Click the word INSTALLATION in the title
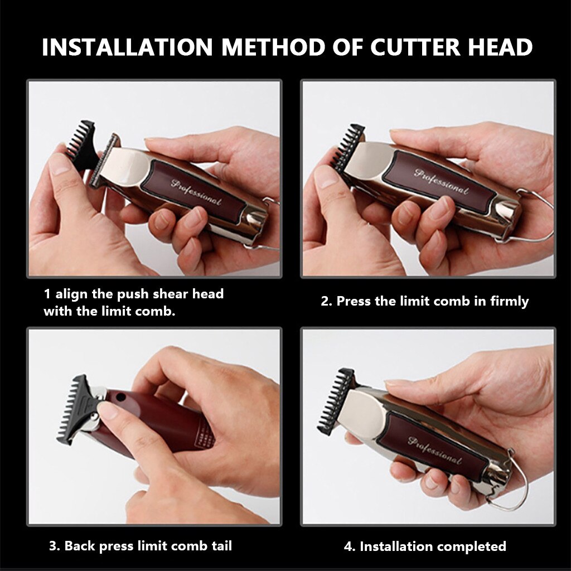click(127, 47)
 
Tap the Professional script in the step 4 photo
click(434, 450)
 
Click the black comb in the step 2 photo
click(349, 148)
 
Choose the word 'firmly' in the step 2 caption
click(509, 302)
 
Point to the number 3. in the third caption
click(55, 546)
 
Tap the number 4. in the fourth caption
click(350, 546)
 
